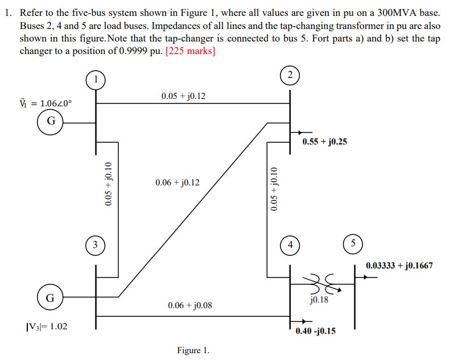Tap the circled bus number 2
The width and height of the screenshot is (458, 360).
tap(290, 75)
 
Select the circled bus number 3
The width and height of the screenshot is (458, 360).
tap(96, 246)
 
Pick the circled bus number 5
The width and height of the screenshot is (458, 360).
tap(353, 243)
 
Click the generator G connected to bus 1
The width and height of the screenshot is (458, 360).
tap(51, 121)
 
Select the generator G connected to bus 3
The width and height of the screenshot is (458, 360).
tap(51, 297)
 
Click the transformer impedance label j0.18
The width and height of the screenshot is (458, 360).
tap(319, 299)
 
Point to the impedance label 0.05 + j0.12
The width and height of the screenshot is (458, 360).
tap(183, 96)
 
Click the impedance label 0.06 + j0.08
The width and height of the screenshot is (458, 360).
tap(189, 305)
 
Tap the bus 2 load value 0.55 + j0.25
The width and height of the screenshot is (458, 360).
tap(324, 142)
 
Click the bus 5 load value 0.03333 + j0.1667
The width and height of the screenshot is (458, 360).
tap(399, 265)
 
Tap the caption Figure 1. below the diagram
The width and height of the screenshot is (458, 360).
tap(193, 350)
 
